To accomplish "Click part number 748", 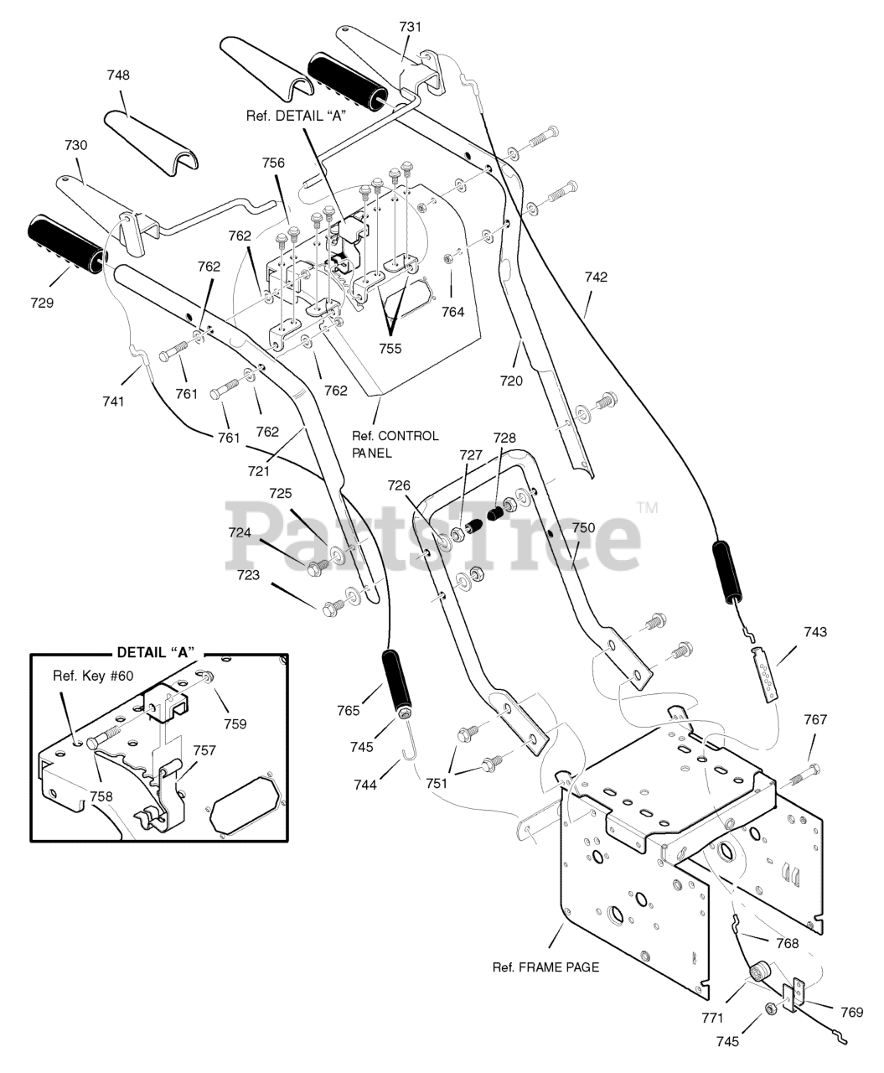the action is tap(118, 75).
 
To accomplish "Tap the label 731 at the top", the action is tap(411, 27).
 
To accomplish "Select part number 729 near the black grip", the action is tap(42, 303).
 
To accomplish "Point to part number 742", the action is tap(596, 277).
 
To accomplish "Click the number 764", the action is tap(453, 312).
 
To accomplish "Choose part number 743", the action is tap(815, 631).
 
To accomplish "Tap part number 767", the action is tap(815, 720).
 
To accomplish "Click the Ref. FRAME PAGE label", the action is tap(546, 967).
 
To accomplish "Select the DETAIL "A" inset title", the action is tap(157, 653).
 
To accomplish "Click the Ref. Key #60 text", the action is tap(93, 676).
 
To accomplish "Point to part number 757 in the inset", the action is tap(204, 751).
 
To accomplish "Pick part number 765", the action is tap(349, 711).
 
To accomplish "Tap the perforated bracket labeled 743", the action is tap(764, 675).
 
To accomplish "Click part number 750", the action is tap(583, 528).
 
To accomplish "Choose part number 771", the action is tap(712, 1018).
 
